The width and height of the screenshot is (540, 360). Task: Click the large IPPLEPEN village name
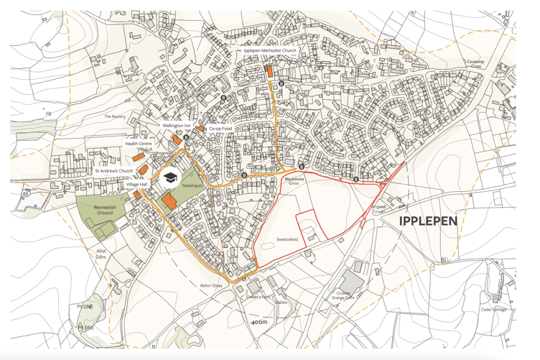428,221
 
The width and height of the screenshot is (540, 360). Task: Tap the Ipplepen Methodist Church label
270,51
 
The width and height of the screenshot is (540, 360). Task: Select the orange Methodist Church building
269,70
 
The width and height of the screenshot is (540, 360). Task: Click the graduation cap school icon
169,178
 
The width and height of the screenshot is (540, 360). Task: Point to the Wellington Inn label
176,126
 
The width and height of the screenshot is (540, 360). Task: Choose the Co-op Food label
221,129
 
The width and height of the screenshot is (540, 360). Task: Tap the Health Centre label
139,144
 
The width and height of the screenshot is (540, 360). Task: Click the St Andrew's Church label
114,171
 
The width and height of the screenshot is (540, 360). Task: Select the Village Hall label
136,185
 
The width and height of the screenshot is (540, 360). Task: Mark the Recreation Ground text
105,211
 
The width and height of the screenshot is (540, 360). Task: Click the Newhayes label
192,185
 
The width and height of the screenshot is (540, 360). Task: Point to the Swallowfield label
287,240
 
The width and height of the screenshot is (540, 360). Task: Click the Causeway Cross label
475,64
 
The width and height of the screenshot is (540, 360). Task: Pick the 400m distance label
259,322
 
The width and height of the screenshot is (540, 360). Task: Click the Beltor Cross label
211,285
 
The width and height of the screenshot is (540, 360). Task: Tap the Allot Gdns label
101,253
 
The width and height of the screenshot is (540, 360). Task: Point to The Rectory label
114,116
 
